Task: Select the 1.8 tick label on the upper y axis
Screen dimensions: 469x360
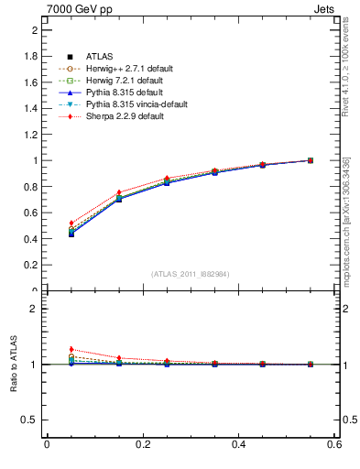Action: tap(31, 56)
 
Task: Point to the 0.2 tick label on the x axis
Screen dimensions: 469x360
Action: tap(143, 444)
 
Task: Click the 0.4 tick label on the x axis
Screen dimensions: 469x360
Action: tap(239, 444)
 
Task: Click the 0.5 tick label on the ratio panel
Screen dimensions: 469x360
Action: tap(31, 420)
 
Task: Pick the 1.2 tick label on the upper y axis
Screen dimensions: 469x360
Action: tap(31, 135)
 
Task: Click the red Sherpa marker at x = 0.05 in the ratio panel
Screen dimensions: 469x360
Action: tap(71, 349)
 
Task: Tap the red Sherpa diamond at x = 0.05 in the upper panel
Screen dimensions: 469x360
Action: tap(71, 224)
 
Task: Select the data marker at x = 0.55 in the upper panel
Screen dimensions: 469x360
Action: tap(311, 160)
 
